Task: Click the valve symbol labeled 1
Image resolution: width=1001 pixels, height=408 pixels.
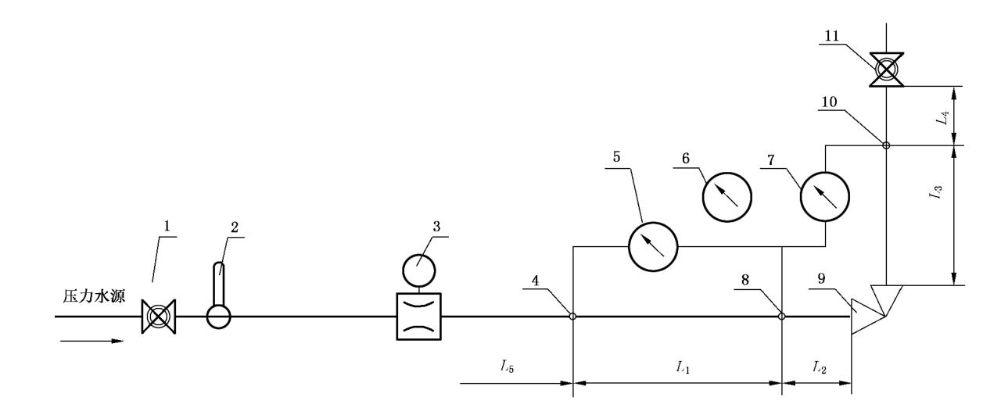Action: [159, 317]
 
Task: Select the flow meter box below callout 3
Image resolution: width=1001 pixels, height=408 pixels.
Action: [419, 316]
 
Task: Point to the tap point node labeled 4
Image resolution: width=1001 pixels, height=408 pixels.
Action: [573, 317]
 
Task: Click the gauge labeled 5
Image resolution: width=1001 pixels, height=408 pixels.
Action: [653, 245]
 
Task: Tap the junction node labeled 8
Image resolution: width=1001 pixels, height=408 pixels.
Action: [782, 317]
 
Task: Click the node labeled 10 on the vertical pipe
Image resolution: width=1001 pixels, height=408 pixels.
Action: [885, 145]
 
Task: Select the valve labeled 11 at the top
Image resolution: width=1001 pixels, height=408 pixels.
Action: [885, 70]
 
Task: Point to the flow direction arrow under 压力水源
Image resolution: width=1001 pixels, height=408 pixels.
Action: [91, 341]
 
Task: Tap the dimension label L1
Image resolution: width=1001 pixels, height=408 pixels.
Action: [682, 367]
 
